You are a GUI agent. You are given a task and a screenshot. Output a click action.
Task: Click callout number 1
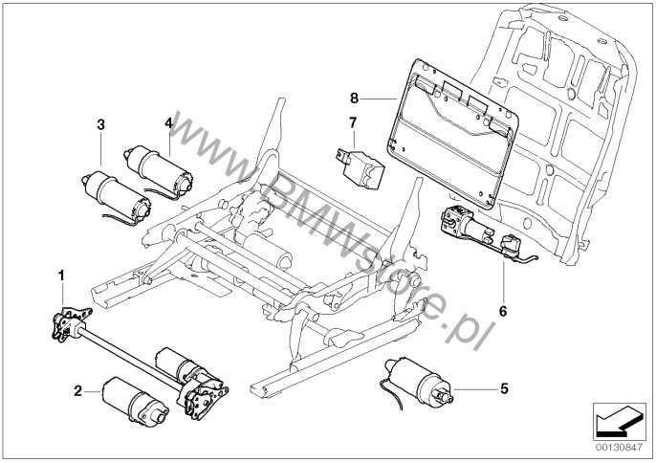(x=62, y=275)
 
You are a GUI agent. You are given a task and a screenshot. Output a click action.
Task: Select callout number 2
(x=77, y=390)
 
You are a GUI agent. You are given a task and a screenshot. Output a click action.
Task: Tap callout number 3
(x=100, y=125)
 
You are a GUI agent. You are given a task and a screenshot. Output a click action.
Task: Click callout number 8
(x=354, y=98)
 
